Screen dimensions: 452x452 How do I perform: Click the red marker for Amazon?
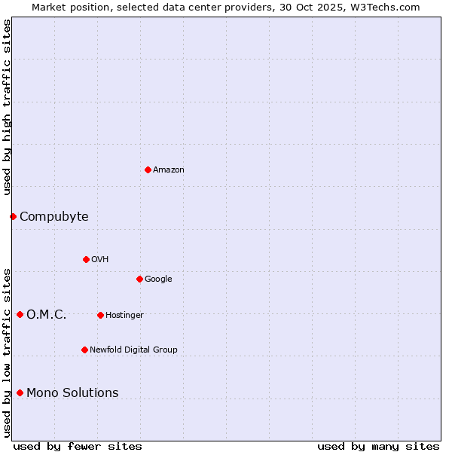point(148,169)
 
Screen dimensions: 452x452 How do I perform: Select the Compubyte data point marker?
point(13,216)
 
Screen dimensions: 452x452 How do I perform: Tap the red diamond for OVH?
point(86,259)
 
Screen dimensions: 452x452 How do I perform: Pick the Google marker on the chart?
point(139,279)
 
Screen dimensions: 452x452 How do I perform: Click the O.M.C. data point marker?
point(20,314)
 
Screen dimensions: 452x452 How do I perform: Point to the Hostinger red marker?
point(100,315)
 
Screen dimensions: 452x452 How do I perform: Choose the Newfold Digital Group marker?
point(84,350)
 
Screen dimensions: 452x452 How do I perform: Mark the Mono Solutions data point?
point(20,392)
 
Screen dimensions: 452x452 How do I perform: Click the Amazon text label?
point(169,170)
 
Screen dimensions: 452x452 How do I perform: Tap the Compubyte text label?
point(53,217)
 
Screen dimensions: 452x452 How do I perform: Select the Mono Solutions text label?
point(72,392)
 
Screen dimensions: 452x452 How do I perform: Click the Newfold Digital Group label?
point(133,350)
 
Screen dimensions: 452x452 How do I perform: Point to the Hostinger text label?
point(124,315)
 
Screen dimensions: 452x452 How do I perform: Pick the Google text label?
point(158,279)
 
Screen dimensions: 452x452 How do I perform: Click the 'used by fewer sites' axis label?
point(78,446)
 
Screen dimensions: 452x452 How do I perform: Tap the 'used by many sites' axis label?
point(378,446)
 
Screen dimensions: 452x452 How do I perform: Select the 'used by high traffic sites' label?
point(8,107)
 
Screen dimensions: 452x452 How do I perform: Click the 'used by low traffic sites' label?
point(8,353)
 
